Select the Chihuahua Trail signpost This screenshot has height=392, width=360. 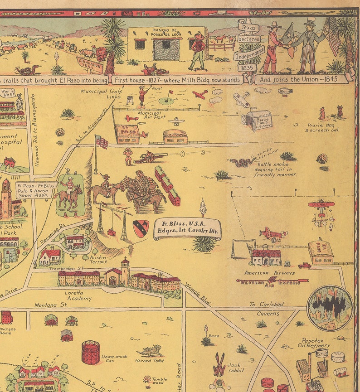tap(91, 62)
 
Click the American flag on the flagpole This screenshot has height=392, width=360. tap(102, 142)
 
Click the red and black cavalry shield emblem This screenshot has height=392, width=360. tap(141, 229)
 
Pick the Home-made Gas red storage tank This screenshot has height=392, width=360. tap(91, 352)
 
